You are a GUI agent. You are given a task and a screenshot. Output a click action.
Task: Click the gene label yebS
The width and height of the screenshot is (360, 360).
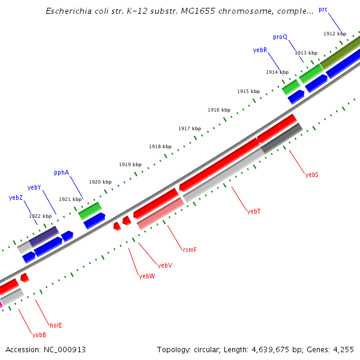point(311,175)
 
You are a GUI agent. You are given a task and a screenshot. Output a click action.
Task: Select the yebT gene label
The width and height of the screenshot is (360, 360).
point(254,211)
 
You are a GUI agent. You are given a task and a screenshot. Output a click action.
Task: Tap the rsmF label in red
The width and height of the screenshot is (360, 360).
point(190,249)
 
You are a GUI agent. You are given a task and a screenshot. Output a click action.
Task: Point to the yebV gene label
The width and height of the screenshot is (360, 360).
point(165,265)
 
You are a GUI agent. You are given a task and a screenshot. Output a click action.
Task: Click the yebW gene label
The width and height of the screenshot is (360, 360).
point(147,277)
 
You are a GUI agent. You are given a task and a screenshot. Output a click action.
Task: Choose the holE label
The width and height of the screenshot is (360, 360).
point(56,325)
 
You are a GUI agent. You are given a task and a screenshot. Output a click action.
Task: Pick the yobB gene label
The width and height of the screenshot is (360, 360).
point(39,335)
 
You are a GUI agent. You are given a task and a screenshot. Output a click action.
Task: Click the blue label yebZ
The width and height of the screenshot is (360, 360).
point(16,197)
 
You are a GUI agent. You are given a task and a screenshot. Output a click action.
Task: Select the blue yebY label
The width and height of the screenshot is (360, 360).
point(34,187)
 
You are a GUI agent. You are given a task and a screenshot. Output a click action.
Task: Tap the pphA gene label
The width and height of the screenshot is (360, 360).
point(61,172)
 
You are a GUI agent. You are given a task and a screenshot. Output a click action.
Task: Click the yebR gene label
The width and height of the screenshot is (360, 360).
point(260,50)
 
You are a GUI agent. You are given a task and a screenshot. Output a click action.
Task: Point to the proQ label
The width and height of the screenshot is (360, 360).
point(280,37)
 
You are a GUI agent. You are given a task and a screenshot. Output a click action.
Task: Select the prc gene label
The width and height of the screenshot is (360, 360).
point(323,10)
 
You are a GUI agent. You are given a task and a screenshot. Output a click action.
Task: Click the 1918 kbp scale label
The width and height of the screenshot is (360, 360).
point(160,146)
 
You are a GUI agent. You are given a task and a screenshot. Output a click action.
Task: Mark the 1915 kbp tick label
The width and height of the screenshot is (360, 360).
point(248,91)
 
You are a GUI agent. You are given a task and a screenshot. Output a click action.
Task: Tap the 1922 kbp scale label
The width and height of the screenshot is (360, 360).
point(40,216)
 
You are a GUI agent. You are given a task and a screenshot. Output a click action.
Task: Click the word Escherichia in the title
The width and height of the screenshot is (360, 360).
point(69,11)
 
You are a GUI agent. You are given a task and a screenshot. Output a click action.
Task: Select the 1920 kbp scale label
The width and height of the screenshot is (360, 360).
point(100,182)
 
